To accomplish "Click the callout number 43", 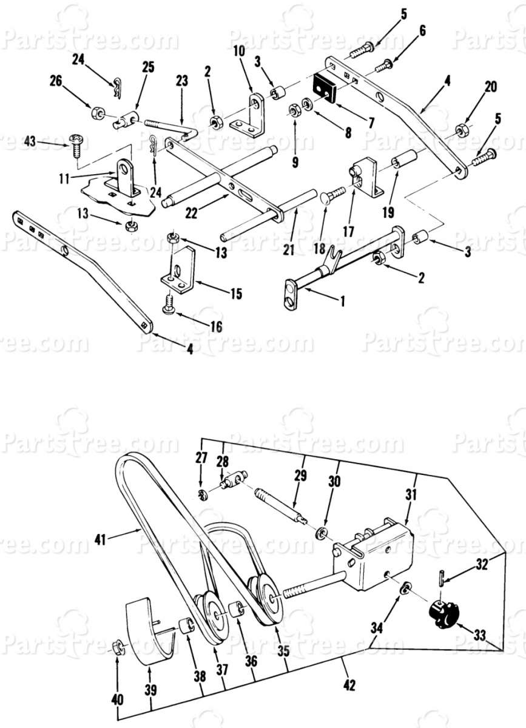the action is click(x=30, y=142).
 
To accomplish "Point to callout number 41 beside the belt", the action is click(x=101, y=540).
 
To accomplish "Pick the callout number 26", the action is click(x=56, y=81).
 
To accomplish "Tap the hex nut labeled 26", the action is click(x=96, y=112).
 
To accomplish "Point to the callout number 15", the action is click(x=237, y=294).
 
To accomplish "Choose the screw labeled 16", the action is click(x=169, y=304).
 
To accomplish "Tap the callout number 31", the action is click(x=411, y=495).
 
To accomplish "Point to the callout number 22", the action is click(x=192, y=214).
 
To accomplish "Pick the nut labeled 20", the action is click(x=462, y=129).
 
